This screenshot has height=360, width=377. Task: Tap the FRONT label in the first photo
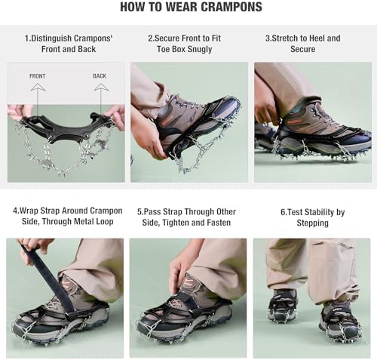pos(38,76)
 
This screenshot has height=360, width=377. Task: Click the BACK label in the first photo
pos(100,76)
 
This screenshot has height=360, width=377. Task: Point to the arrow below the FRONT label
pos(38,89)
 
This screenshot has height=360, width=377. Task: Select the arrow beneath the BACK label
pos(100,89)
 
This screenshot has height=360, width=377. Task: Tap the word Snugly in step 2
pos(196,50)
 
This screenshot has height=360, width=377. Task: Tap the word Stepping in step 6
pos(312,223)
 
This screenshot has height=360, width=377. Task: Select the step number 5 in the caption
pos(139,212)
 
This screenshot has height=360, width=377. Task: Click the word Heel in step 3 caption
pos(318,38)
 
